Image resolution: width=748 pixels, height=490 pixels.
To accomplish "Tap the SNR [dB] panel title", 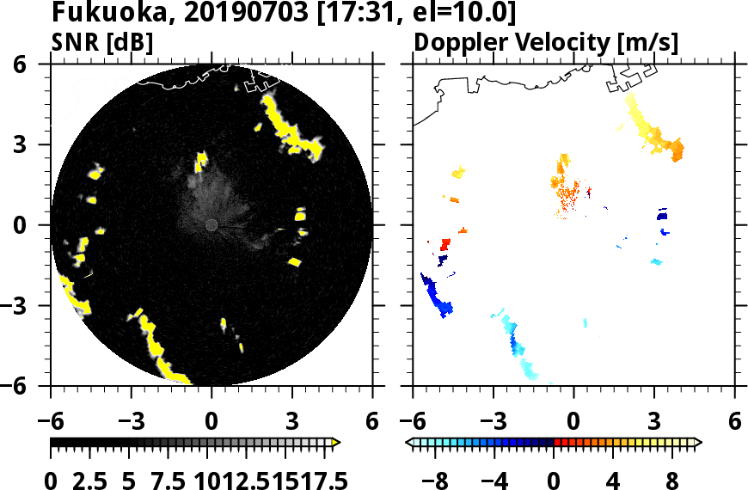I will pyautogui.click(x=102, y=42).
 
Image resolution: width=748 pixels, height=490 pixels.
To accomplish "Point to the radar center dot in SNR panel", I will pyautogui.click(x=212, y=224).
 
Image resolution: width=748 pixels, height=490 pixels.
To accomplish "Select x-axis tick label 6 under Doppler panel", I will pyautogui.click(x=734, y=422).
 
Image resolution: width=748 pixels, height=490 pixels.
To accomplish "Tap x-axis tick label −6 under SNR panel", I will pyautogui.click(x=51, y=422).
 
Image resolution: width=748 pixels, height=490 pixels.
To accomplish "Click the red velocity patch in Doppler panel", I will pyautogui.click(x=445, y=245).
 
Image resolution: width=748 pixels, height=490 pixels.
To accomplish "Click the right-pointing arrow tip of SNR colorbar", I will pyautogui.click(x=337, y=442).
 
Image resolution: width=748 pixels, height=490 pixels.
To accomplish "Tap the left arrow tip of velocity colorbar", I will pyautogui.click(x=408, y=442).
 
